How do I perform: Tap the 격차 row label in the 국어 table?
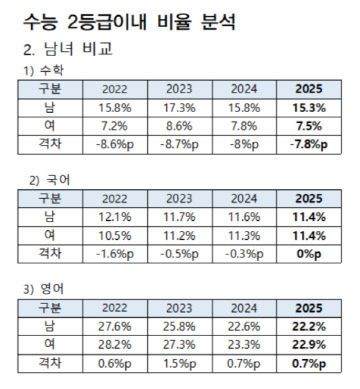click(x=45, y=253)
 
